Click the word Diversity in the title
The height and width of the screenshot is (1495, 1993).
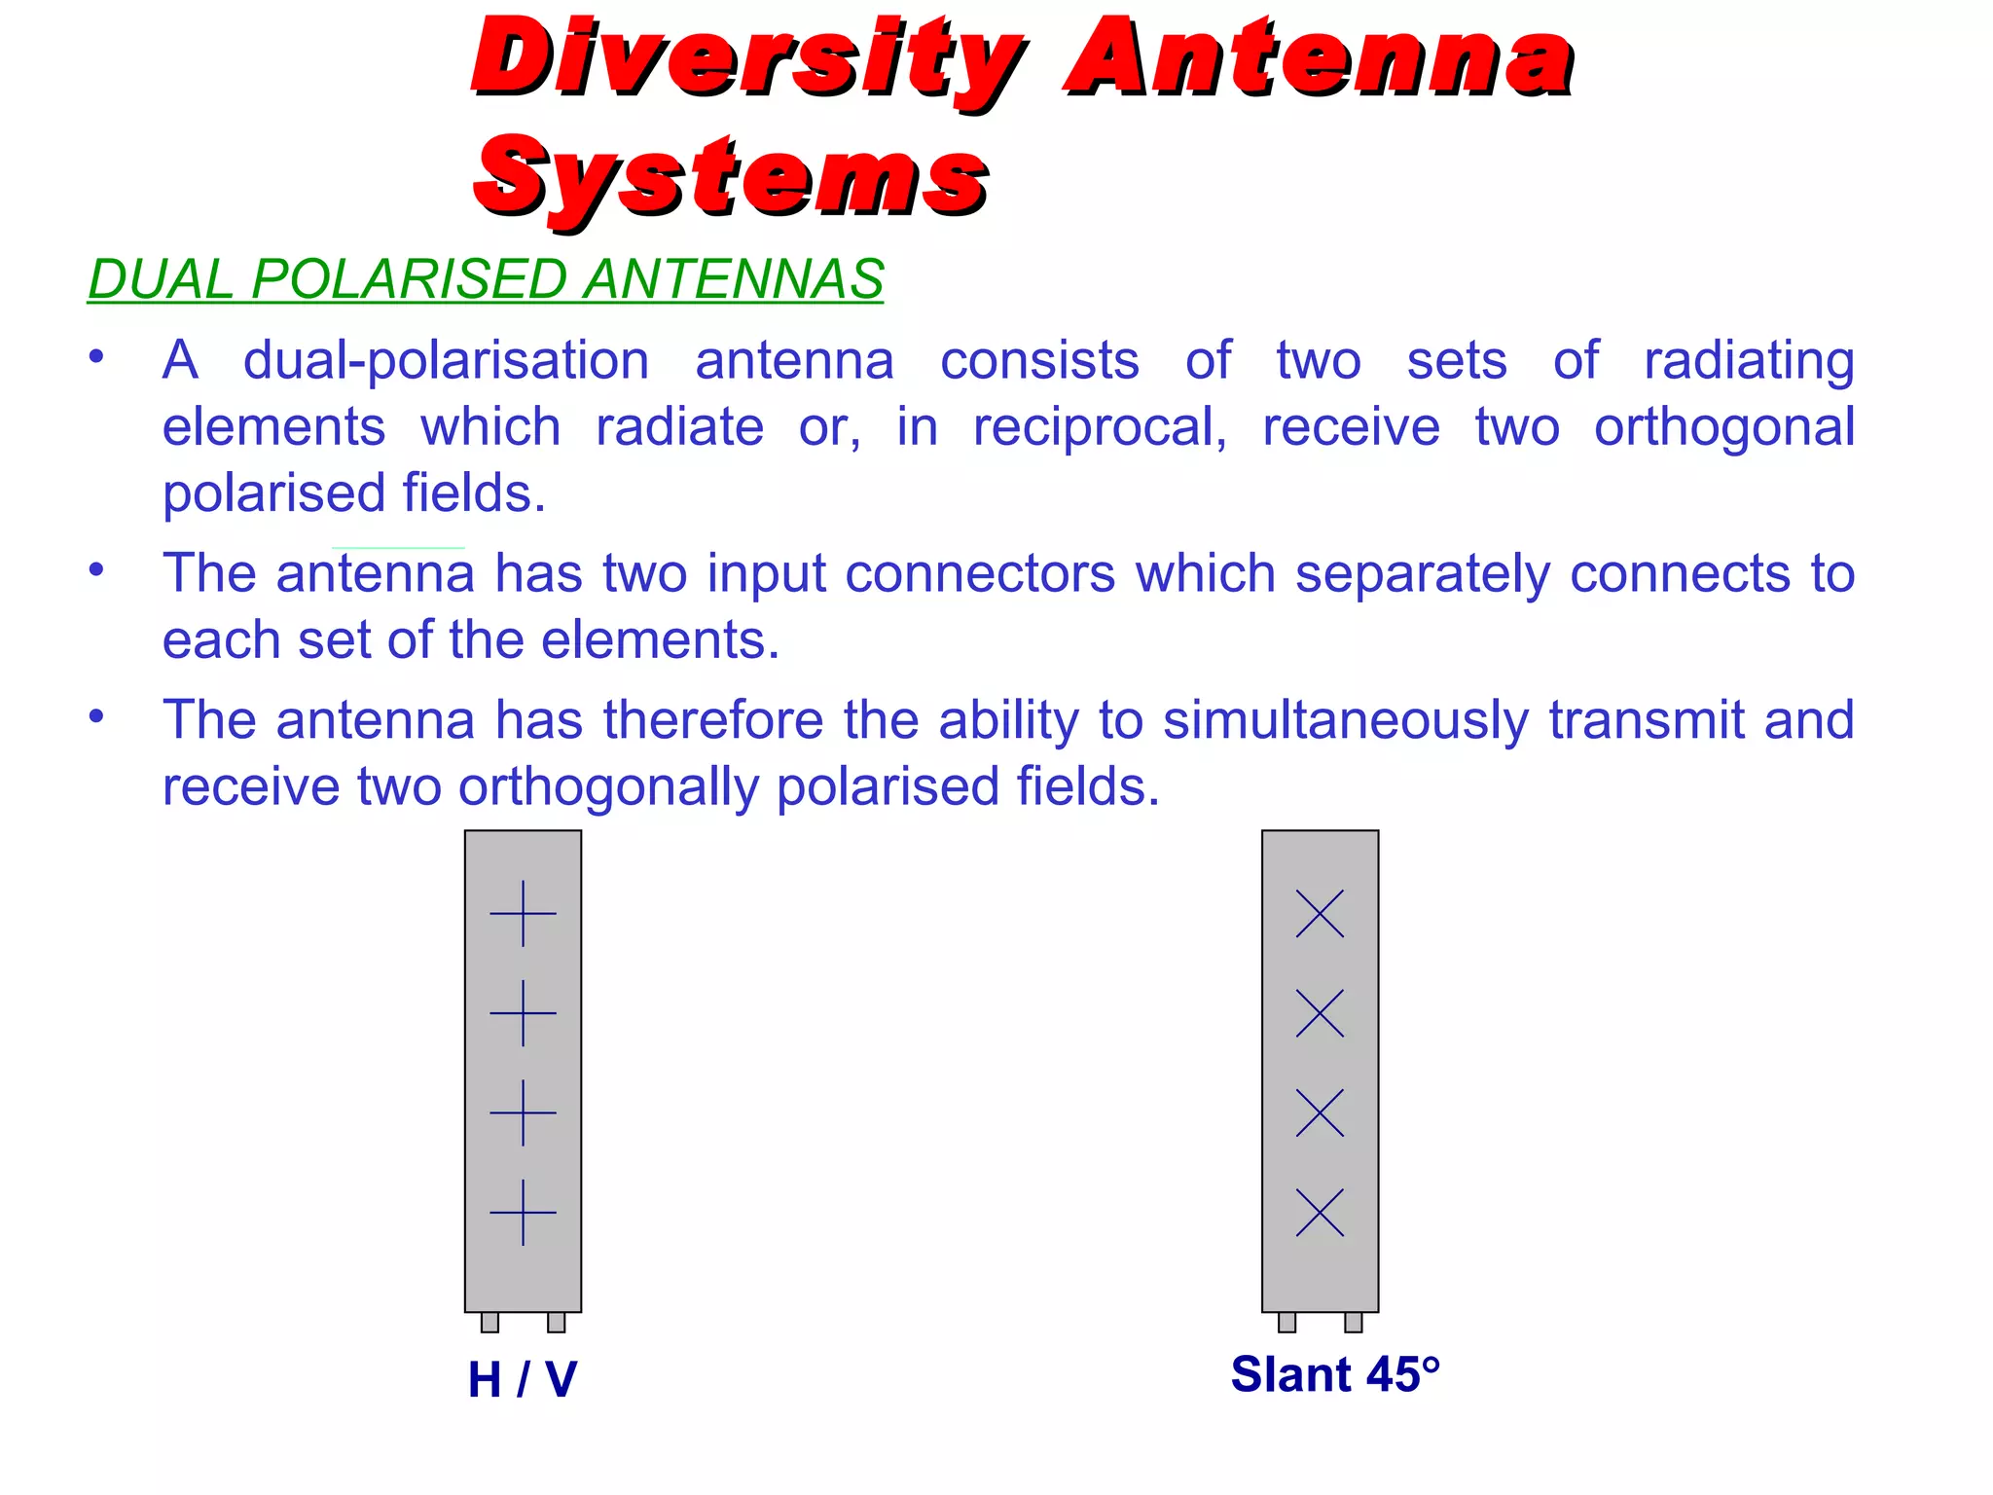pos(744,60)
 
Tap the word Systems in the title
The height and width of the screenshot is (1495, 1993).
pos(730,177)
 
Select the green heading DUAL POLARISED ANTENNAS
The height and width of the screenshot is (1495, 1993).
pos(486,279)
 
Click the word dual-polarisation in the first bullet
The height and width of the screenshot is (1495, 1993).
pos(446,361)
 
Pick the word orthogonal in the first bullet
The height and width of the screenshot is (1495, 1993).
pos(1723,428)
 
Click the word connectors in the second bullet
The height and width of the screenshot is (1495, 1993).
pos(979,573)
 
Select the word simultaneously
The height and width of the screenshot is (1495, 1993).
pos(1346,720)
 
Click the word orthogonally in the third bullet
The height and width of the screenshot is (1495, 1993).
pos(608,786)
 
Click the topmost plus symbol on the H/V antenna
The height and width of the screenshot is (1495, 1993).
pos(523,914)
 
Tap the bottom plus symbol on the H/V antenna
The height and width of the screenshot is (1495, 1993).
pos(523,1213)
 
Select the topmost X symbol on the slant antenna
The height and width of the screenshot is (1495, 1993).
pos(1320,914)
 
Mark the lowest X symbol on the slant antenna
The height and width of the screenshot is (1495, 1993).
pos(1320,1213)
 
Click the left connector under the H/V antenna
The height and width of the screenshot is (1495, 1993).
pos(489,1322)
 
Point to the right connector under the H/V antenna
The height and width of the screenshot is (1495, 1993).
pos(556,1322)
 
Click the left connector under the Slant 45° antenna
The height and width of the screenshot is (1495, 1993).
pos(1286,1322)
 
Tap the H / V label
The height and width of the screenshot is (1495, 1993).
pos(523,1379)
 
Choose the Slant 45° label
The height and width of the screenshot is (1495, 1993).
pos(1334,1374)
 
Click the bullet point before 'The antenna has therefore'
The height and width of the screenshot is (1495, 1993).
pos(95,717)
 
